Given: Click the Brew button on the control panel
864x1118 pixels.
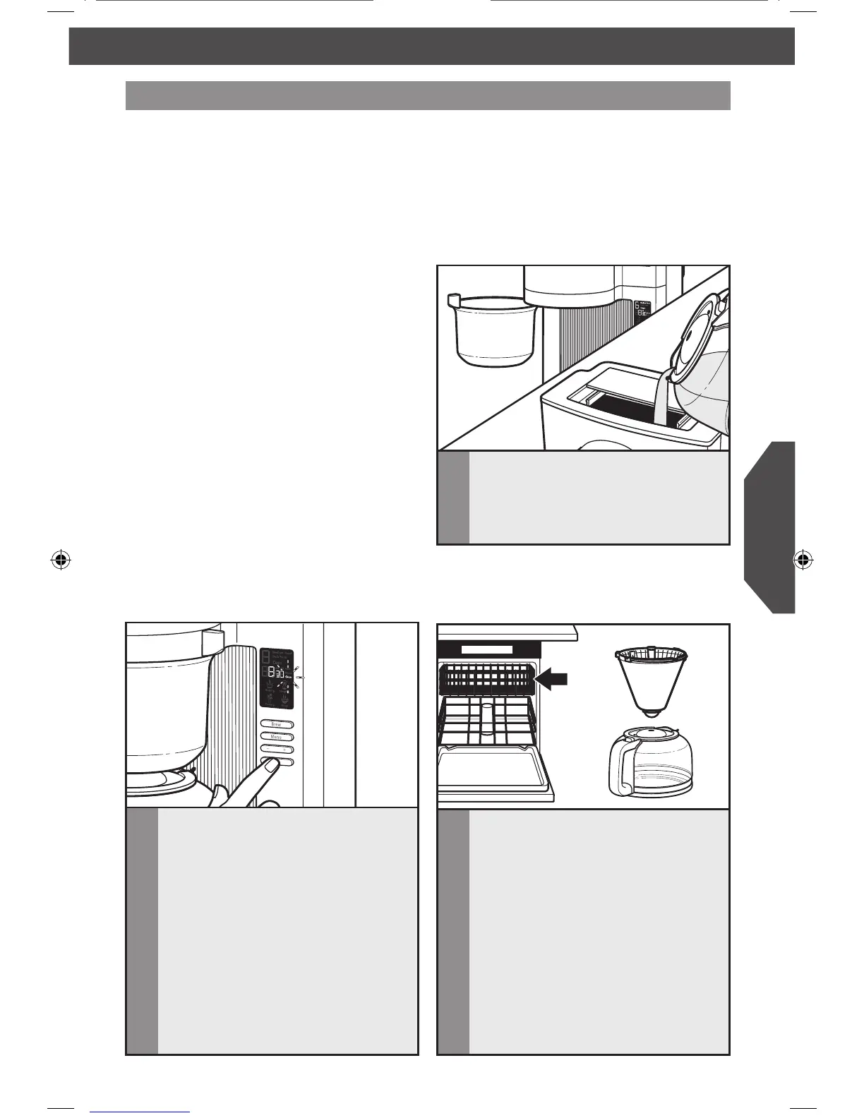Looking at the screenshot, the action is coord(277,724).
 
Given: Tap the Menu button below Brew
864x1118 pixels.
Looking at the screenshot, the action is coord(277,737).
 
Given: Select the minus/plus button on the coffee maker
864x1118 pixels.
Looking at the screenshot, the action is coord(277,749).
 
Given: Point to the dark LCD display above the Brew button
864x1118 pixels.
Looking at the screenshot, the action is coord(276,678).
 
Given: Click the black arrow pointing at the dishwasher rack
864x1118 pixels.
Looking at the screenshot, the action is coord(553,679).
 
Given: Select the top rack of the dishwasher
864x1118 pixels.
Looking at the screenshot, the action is coord(487,679).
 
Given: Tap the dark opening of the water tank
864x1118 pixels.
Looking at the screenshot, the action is coord(621,406).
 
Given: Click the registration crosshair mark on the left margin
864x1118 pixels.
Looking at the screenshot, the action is coord(61,560).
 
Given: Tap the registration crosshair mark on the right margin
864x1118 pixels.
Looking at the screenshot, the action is coord(801,560).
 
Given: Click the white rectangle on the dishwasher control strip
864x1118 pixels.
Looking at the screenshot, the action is coord(487,649).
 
